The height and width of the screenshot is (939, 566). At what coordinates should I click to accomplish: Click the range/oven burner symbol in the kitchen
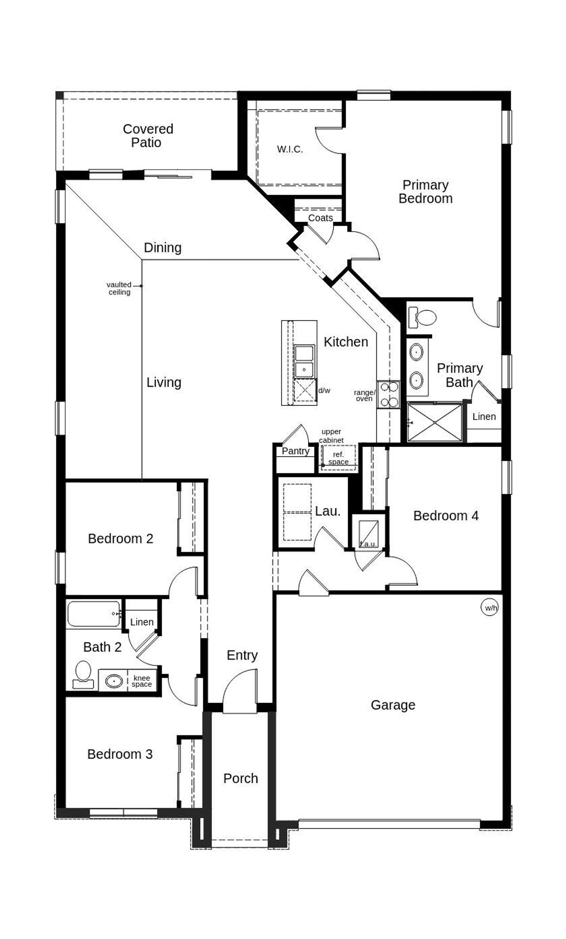[x=388, y=394]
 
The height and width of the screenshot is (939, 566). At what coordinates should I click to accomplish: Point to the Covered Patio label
[x=148, y=136]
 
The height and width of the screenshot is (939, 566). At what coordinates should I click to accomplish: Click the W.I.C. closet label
[x=290, y=149]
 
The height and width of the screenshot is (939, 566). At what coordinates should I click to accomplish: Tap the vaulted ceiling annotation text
[x=119, y=288]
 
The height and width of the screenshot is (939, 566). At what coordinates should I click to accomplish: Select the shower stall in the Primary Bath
[x=435, y=422]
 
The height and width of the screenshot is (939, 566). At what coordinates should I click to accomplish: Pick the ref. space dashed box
[x=338, y=458]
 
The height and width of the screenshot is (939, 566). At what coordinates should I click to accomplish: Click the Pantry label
[x=295, y=451]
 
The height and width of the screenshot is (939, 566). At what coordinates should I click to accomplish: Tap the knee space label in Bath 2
[x=141, y=681]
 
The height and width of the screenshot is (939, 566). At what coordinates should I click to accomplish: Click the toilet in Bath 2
[x=83, y=674]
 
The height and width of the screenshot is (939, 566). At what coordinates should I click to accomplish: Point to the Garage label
[x=393, y=705]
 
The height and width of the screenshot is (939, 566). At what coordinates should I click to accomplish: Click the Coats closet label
[x=320, y=218]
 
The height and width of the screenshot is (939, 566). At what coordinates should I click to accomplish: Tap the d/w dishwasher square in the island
[x=306, y=390]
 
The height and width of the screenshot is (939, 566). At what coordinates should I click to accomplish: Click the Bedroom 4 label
[x=446, y=515]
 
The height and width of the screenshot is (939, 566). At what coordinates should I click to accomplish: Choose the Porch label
[x=241, y=778]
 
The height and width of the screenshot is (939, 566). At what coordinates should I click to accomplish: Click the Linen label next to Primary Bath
[x=484, y=416]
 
